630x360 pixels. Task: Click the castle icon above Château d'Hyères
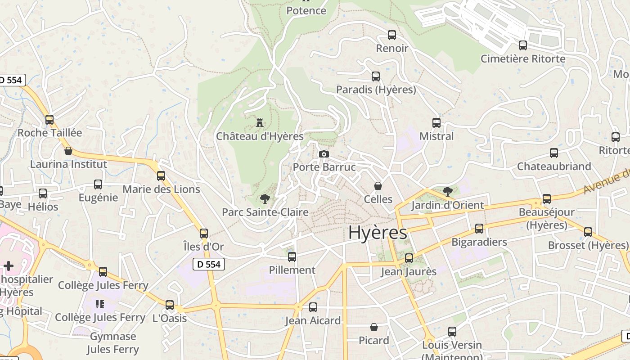point(259,122)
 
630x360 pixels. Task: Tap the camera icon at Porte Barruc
point(324,154)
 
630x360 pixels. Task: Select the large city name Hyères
point(378,233)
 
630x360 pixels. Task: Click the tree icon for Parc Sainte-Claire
point(265,198)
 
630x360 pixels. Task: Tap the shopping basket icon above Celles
point(378,186)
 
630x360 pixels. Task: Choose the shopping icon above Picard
point(373,327)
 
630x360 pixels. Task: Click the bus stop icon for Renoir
point(391,35)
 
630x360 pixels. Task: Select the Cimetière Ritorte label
point(523,58)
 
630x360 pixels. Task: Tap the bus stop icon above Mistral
point(436,123)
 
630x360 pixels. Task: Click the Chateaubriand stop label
point(554,166)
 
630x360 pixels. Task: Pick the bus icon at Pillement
point(292,257)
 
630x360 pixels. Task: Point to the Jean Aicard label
point(313,321)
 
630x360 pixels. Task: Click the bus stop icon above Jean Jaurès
point(409,258)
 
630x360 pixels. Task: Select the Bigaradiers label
point(479,242)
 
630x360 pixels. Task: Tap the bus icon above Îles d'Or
point(204,233)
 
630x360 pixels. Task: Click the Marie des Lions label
point(161,189)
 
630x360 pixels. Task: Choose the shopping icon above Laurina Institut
point(68,151)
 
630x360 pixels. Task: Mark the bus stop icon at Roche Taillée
point(49,120)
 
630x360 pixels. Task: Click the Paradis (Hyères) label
point(376,90)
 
